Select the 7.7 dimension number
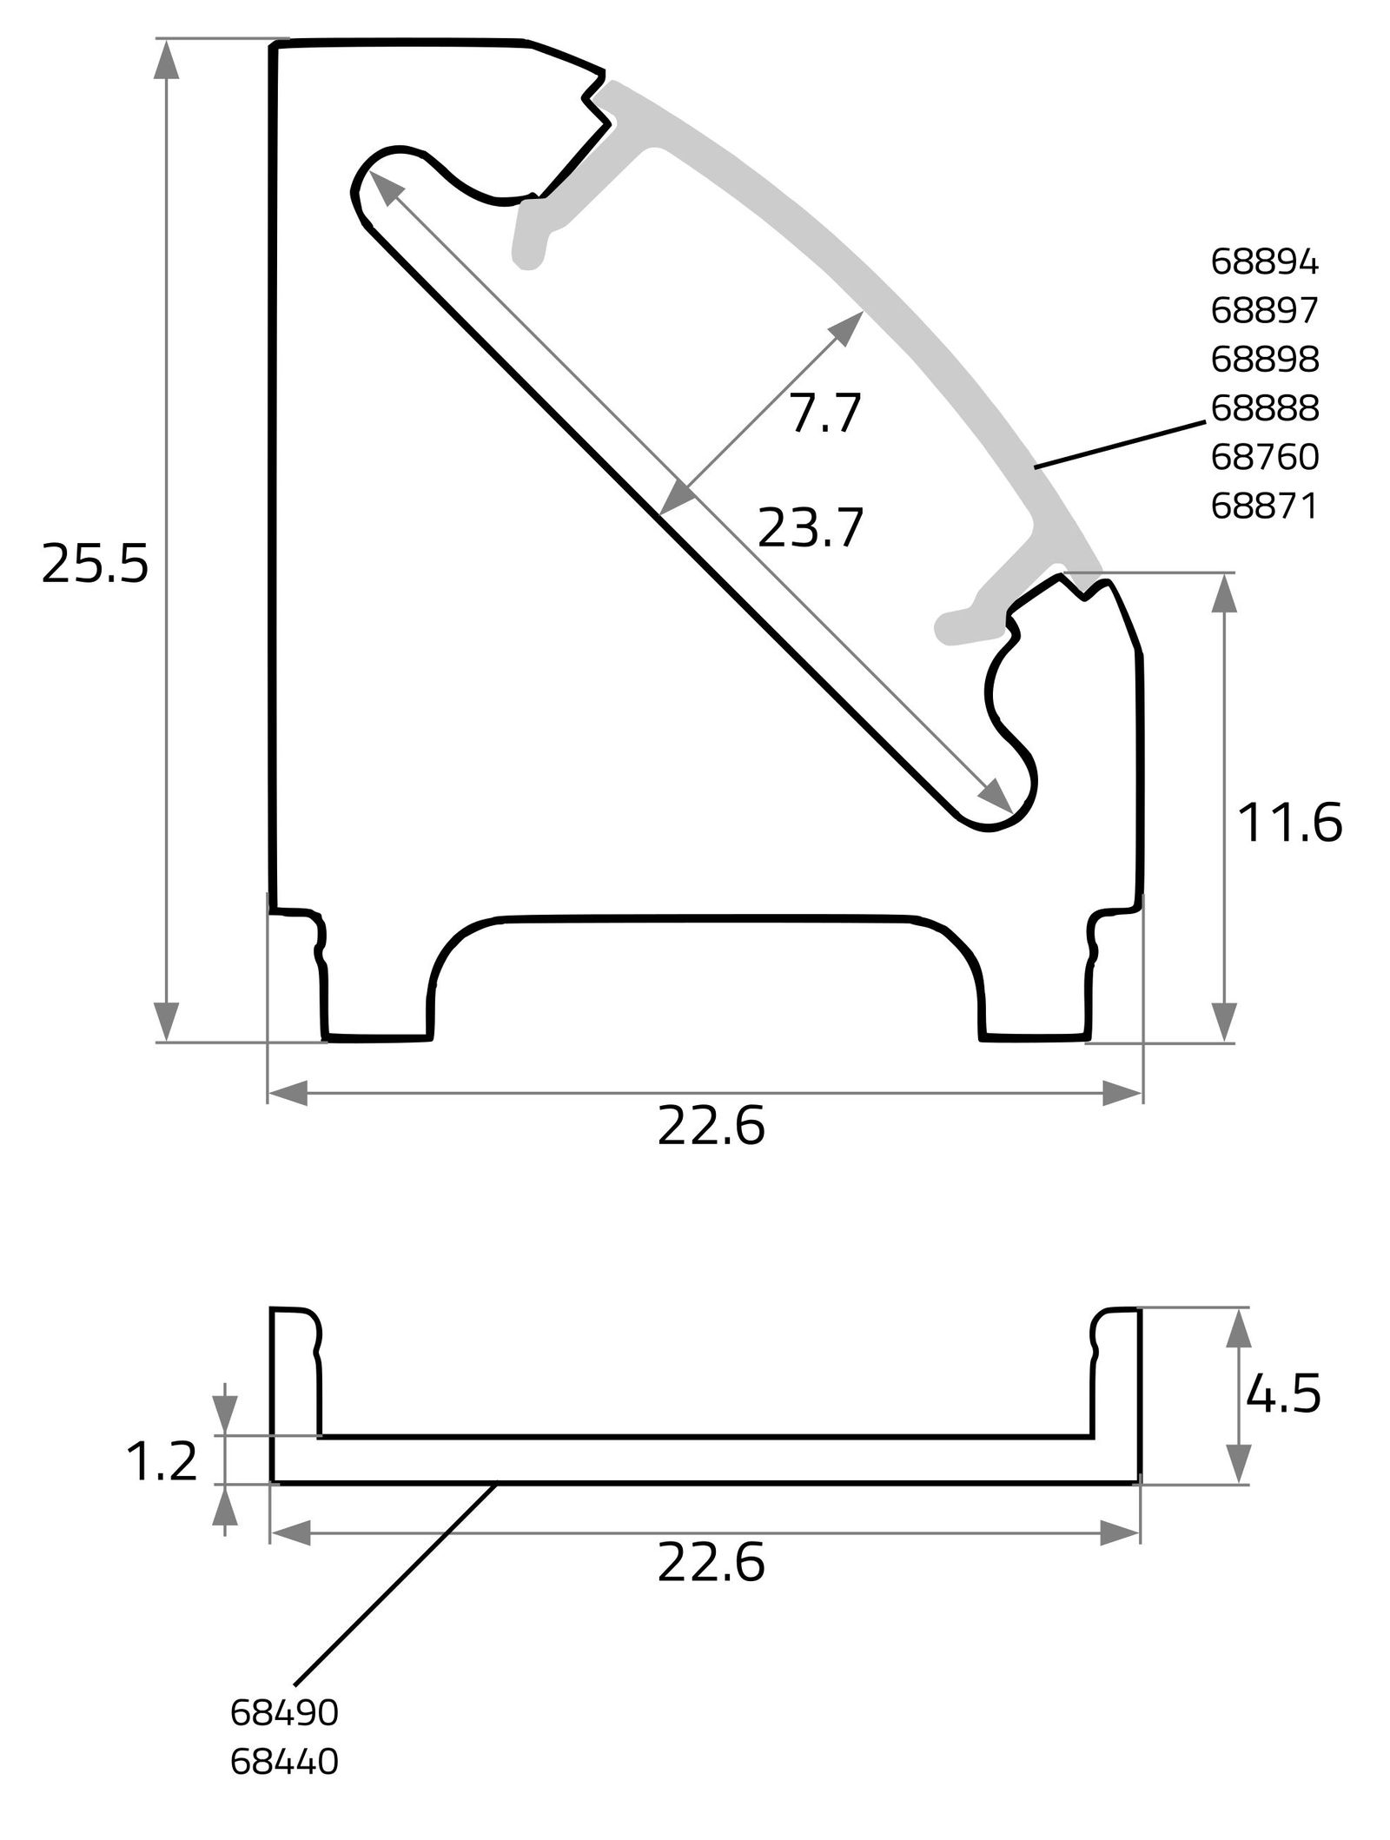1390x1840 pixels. tap(824, 414)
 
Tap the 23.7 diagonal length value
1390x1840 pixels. tap(811, 528)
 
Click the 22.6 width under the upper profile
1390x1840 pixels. tap(711, 1128)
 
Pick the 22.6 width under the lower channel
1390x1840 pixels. tap(711, 1563)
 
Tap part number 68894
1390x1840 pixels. tap(1264, 262)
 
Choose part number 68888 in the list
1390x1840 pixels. tap(1264, 408)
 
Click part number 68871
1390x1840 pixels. tap(1264, 506)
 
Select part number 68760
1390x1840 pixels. tap(1264, 458)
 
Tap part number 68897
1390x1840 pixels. tap(1264, 311)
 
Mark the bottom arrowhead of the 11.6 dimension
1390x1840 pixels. tap(1224, 1022)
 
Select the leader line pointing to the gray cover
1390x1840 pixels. tap(1121, 445)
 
